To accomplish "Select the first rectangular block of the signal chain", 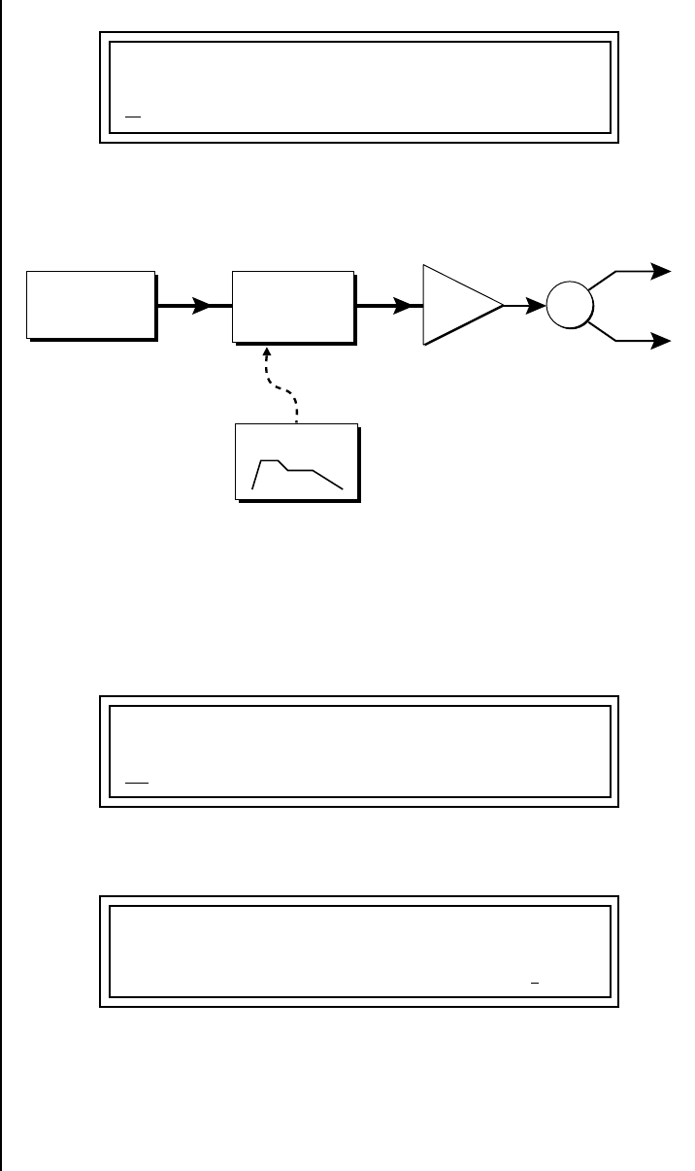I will (91, 305).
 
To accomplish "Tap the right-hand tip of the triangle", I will (502, 305).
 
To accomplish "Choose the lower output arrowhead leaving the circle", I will (662, 341).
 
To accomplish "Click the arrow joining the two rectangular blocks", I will (194, 306).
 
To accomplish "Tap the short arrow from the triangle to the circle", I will (525, 306).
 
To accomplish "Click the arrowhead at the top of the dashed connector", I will (268, 353).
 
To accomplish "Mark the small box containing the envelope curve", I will (297, 462).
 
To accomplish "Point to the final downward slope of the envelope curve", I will (327, 479).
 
